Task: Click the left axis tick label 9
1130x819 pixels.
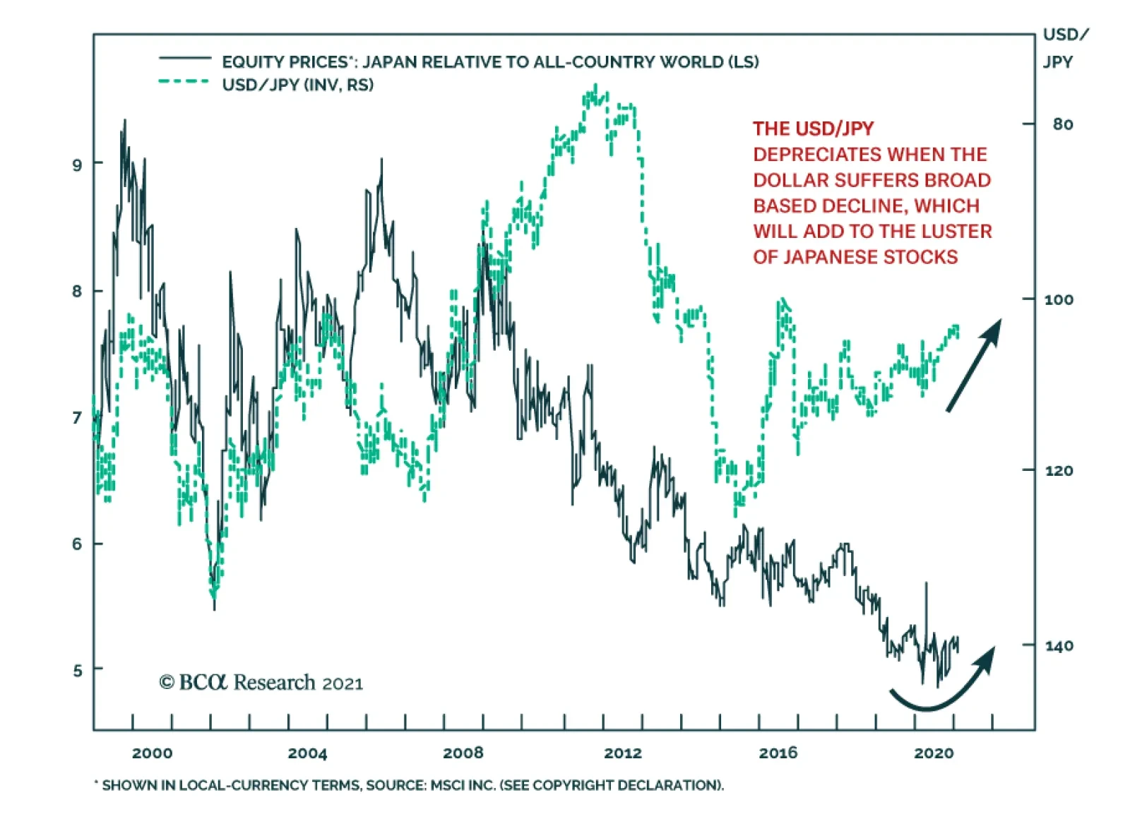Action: (77, 165)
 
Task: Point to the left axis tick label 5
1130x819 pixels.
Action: (77, 670)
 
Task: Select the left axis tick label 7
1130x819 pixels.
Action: (77, 418)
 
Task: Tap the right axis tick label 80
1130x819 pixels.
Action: (1062, 124)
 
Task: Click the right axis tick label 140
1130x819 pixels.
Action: (1059, 645)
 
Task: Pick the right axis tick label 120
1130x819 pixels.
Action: (1059, 470)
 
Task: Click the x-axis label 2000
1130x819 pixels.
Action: (152, 753)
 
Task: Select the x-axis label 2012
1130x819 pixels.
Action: (623, 753)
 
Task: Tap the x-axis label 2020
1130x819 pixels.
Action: (934, 753)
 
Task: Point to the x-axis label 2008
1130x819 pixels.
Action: (463, 753)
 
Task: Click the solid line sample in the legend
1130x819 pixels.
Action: (185, 58)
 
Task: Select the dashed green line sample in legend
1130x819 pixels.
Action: (185, 82)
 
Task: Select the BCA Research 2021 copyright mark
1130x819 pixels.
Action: (261, 683)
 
